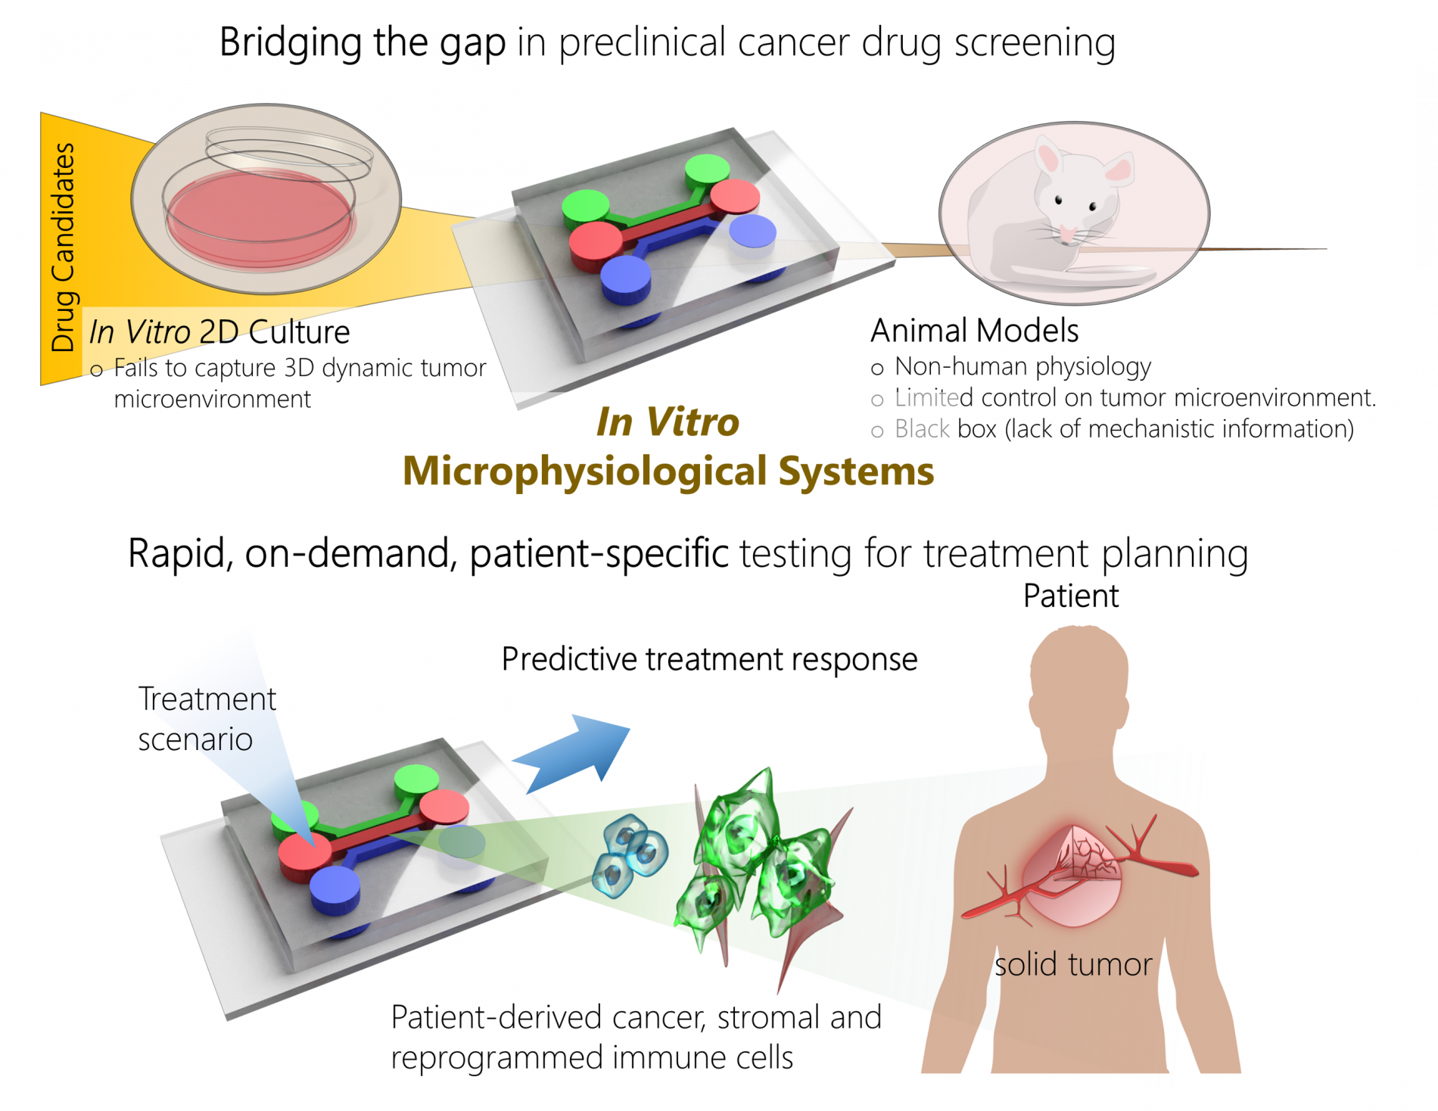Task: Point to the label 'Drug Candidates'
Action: click(x=64, y=247)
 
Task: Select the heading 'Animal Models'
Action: click(x=974, y=331)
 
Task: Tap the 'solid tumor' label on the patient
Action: click(x=1072, y=965)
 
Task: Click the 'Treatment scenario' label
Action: click(x=206, y=719)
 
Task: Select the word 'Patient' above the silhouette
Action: click(x=1070, y=596)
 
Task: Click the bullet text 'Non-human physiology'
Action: click(x=1022, y=367)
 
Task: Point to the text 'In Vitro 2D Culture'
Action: click(x=219, y=332)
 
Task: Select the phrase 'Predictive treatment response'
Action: click(x=709, y=659)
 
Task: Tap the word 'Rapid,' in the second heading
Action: click(x=180, y=553)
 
